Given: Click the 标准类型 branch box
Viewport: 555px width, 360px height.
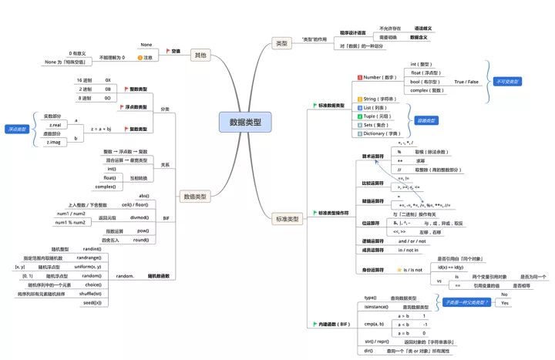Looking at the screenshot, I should click(286, 219).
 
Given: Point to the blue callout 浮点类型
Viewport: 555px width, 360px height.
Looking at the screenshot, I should click(15, 129).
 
